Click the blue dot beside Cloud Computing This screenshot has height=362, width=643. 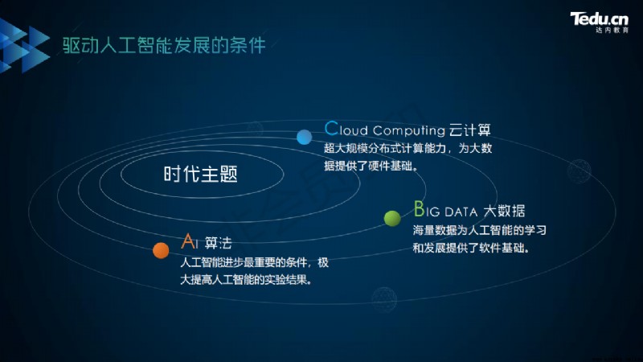305,137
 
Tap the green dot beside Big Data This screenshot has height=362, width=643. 392,218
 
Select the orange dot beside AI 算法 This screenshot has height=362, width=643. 161,250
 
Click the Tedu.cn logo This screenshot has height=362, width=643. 599,19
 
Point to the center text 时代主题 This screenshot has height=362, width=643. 200,174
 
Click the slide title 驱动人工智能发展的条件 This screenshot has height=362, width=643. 164,45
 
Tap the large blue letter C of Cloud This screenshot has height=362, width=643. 331,129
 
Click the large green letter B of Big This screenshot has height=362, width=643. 419,209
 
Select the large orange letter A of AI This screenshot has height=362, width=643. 189,241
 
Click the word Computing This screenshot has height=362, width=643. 409,131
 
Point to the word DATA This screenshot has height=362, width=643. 461,212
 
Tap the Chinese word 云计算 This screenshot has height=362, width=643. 470,130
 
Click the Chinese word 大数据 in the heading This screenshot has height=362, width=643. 504,211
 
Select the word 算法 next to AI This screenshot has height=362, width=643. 218,243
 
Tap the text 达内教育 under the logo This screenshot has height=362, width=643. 612,31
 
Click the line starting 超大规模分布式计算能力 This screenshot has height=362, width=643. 408,148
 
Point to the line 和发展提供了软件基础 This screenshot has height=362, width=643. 471,248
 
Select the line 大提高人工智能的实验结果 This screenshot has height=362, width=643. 246,280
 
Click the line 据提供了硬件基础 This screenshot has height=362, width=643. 371,166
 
